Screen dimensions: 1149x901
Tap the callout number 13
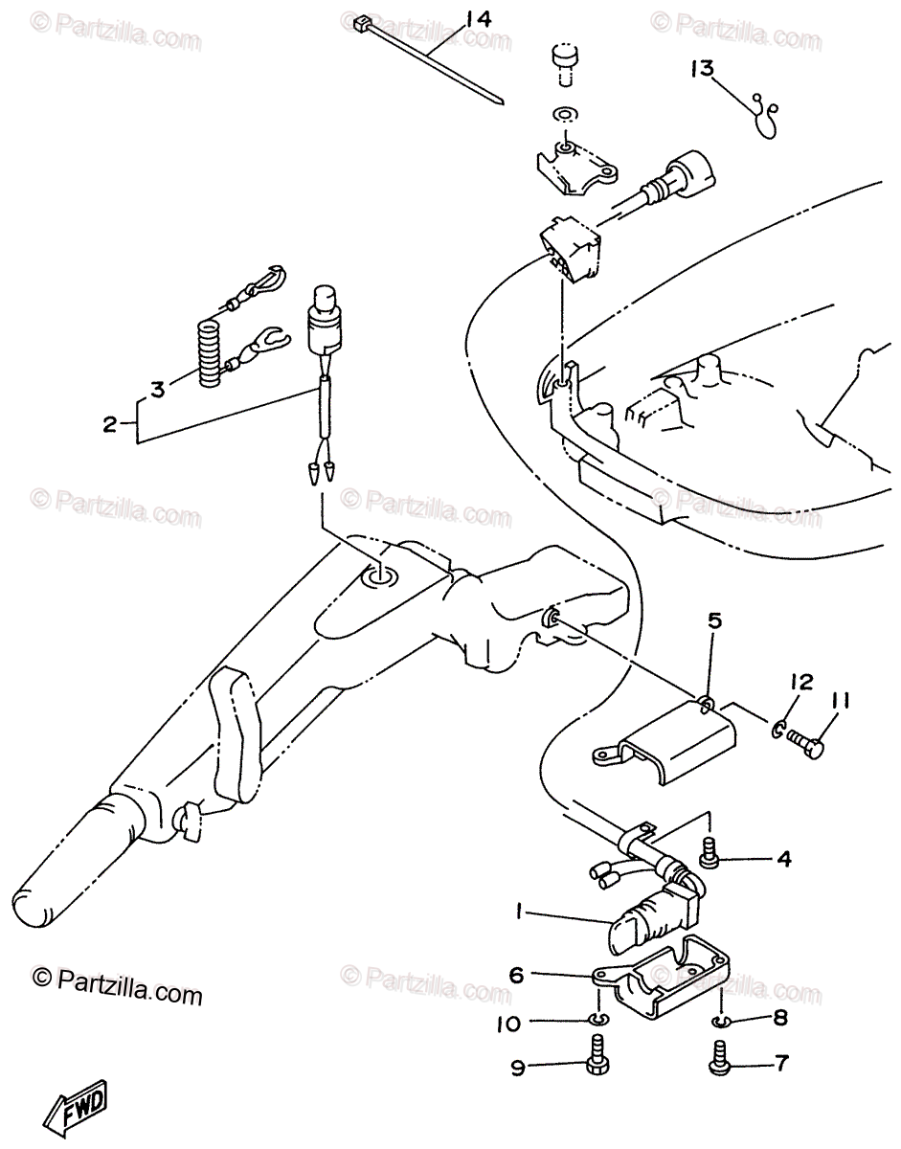(702, 68)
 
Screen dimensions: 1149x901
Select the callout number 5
(713, 620)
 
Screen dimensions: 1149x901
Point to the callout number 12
(800, 682)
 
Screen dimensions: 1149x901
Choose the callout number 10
(508, 1024)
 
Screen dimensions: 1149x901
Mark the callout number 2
(109, 422)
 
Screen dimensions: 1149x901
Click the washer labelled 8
(721, 1021)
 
